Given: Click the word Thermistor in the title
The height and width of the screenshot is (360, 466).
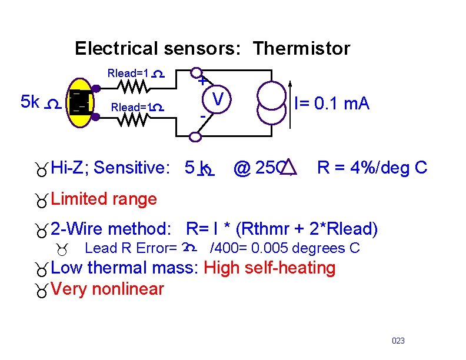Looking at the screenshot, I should [x=301, y=48].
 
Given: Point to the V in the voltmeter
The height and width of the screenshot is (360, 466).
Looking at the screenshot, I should [x=218, y=101].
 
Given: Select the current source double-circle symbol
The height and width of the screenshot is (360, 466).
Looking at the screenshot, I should [x=270, y=104].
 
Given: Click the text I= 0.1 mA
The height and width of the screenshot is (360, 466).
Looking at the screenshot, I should [x=332, y=104].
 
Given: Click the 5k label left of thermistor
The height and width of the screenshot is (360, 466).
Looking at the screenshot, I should [x=29, y=102].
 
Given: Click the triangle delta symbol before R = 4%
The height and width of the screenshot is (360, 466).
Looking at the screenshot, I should [x=288, y=168].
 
